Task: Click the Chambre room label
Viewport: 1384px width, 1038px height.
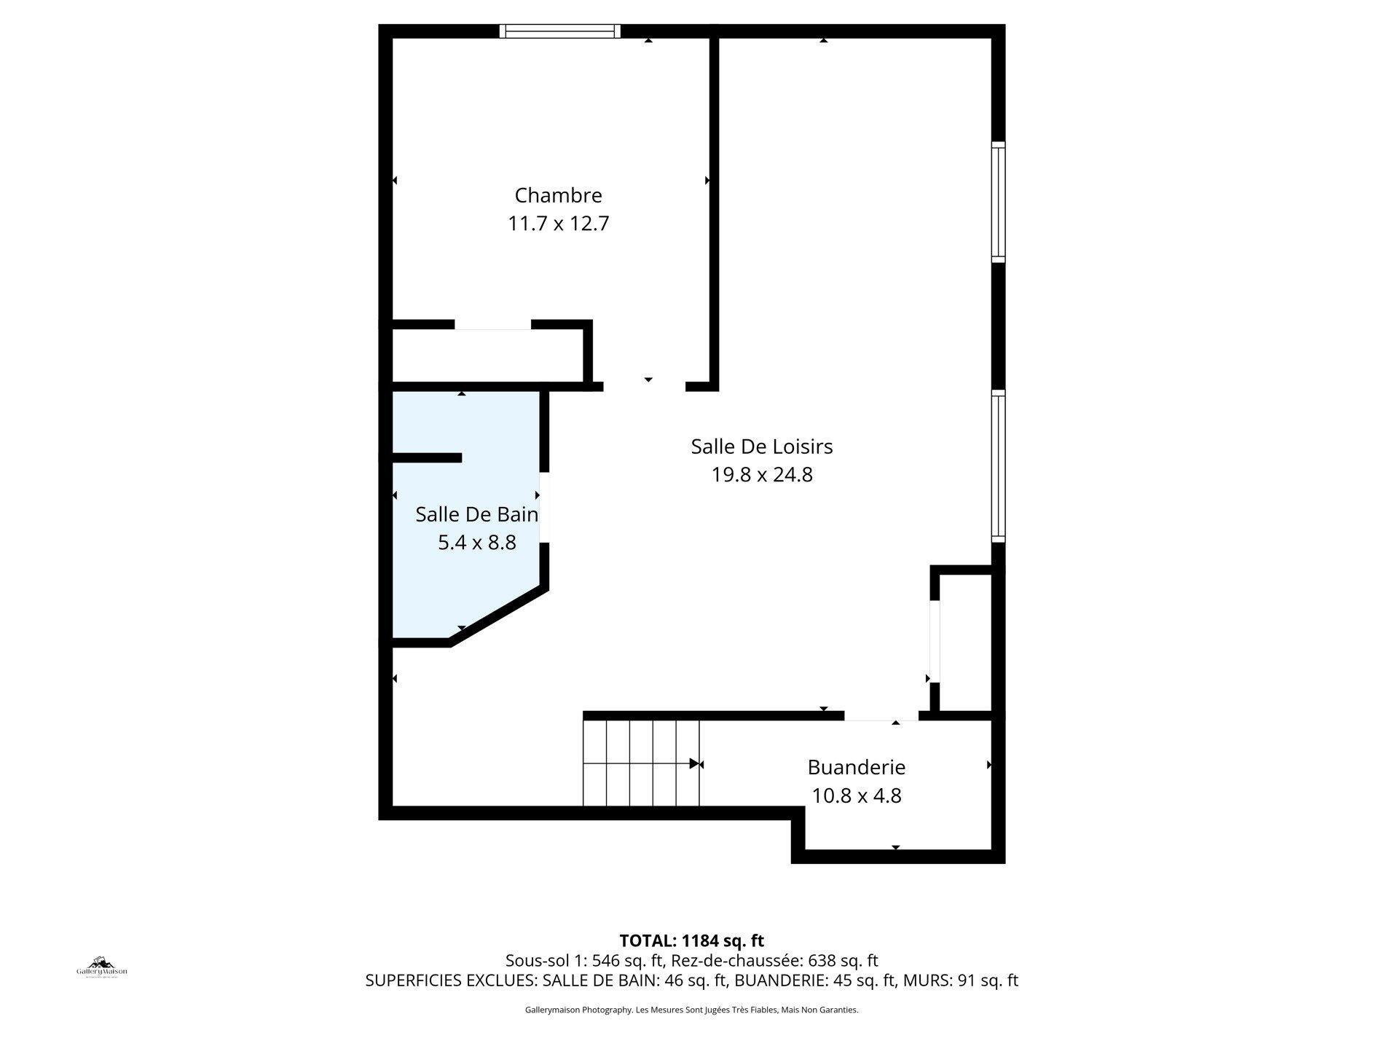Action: click(558, 195)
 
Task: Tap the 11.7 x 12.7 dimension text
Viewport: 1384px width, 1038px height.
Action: click(558, 223)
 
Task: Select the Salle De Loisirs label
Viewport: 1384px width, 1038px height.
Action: click(761, 447)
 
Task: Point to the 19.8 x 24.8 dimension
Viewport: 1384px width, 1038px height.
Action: click(761, 475)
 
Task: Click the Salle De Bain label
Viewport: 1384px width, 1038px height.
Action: click(476, 514)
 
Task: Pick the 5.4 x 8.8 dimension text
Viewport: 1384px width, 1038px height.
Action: click(476, 543)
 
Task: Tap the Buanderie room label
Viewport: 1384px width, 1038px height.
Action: click(856, 768)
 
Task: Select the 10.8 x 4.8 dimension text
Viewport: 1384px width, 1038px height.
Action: click(856, 795)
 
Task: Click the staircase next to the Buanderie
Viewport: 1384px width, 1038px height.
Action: click(640, 763)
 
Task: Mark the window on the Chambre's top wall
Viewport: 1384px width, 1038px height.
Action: click(560, 31)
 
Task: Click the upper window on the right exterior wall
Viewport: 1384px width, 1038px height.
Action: click(998, 202)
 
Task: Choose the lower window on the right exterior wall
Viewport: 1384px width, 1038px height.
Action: click(998, 466)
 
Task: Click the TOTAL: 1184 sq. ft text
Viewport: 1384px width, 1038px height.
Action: click(691, 940)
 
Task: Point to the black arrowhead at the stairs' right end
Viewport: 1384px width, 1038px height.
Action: click(694, 764)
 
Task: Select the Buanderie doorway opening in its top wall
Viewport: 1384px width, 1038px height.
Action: click(881, 715)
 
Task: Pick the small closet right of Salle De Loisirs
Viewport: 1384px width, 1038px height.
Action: click(965, 641)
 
